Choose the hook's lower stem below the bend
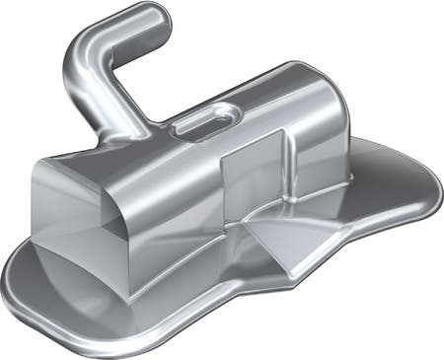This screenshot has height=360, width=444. tap(99, 99)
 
